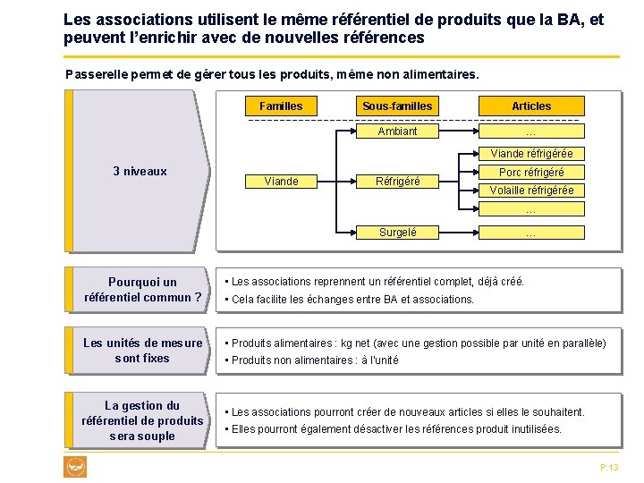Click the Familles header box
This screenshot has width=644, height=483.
click(281, 106)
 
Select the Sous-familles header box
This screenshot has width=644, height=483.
click(397, 106)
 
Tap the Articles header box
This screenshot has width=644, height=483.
click(531, 106)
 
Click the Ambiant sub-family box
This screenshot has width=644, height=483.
click(397, 131)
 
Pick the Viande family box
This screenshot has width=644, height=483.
click(281, 181)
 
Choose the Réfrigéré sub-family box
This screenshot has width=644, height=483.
click(397, 181)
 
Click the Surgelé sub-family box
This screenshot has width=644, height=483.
click(397, 233)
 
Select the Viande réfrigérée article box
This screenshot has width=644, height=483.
click(531, 154)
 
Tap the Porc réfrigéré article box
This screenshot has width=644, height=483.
click(531, 172)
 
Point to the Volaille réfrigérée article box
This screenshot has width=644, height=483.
click(531, 190)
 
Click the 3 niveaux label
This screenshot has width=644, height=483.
click(140, 171)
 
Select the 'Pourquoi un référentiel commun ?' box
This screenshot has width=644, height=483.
click(142, 290)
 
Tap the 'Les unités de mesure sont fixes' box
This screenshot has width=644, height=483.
click(142, 351)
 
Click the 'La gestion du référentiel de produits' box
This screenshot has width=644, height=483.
click(142, 420)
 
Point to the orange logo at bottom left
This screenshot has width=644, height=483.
click(75, 466)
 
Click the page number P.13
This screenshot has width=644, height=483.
click(609, 468)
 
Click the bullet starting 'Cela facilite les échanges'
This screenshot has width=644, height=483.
click(352, 299)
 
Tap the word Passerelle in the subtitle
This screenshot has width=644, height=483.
click(95, 73)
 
